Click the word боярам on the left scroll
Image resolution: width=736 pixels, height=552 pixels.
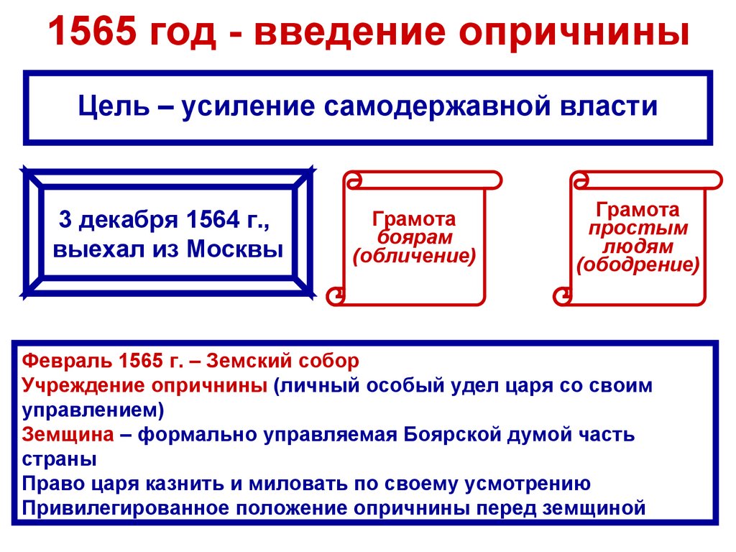pos(414,237)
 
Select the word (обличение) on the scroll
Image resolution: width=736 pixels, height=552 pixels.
pos(414,255)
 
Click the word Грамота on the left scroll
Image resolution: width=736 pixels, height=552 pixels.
pos(414,219)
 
